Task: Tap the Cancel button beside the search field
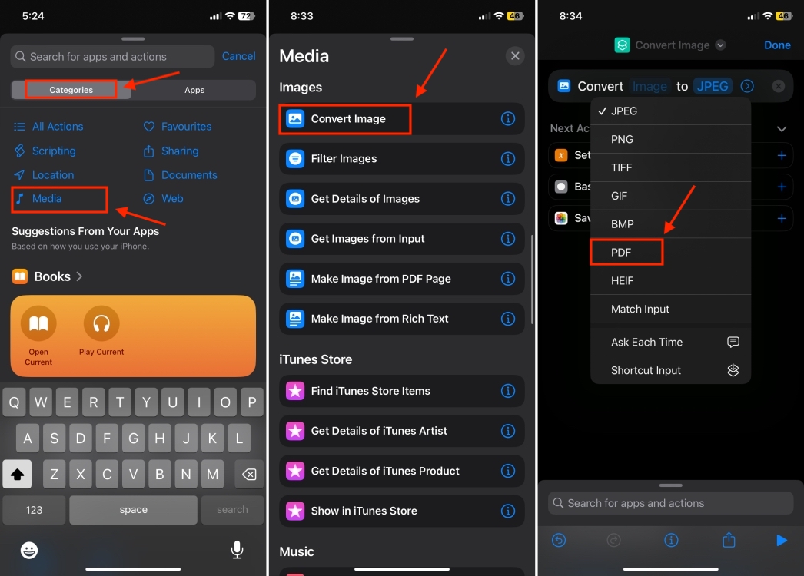pos(238,56)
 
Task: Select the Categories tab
pos(71,90)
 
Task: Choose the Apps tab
pos(194,90)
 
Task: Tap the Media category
pos(47,199)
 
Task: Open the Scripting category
pos(53,151)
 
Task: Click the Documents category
pos(188,175)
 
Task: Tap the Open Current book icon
pos(38,324)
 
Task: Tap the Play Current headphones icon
pos(101,324)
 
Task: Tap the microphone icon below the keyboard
pos(237,550)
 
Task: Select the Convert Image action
pos(347,119)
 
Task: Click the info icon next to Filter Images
pos(507,159)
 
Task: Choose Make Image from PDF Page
pos(380,279)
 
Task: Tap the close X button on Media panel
pos(515,55)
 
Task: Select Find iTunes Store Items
pos(370,391)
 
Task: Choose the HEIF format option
pos(623,281)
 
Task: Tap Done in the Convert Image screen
pos(777,45)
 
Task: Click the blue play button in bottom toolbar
pos(782,541)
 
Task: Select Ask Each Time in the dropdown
pos(647,343)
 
